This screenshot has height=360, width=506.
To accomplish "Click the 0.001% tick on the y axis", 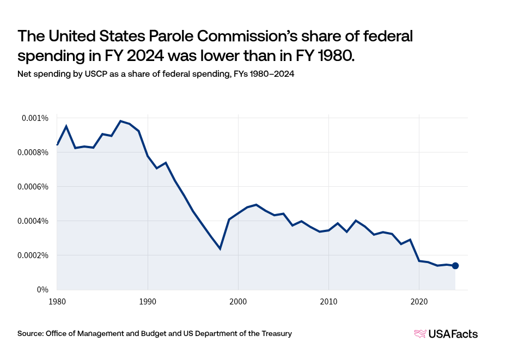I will tap(35, 118).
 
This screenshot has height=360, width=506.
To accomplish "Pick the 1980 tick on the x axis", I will tap(57, 301).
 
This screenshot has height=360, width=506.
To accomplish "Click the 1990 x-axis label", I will tap(147, 301).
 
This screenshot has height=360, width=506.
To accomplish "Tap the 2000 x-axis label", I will tap(238, 301).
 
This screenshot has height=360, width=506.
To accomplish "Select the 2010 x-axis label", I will tap(328, 301).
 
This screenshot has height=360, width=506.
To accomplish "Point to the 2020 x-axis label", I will tap(419, 301).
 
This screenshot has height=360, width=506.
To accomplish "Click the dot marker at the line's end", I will tap(455, 266).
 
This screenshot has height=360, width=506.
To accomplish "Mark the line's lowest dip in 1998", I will tap(220, 249).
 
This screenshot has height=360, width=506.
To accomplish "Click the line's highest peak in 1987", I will tap(120, 121).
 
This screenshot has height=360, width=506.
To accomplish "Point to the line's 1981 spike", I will tap(66, 126).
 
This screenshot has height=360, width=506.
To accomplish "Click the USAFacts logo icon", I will tap(420, 334).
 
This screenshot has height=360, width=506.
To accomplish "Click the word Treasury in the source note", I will tap(276, 333).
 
